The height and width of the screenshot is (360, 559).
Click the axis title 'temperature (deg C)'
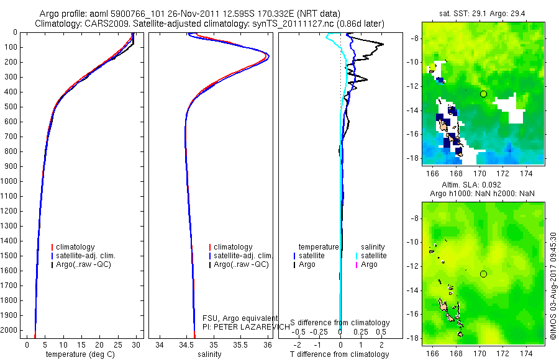pyautogui.click(x=81, y=354)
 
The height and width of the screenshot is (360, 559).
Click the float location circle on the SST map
pyautogui.click(x=483, y=94)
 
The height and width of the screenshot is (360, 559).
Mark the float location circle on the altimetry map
pyautogui.click(x=483, y=274)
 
